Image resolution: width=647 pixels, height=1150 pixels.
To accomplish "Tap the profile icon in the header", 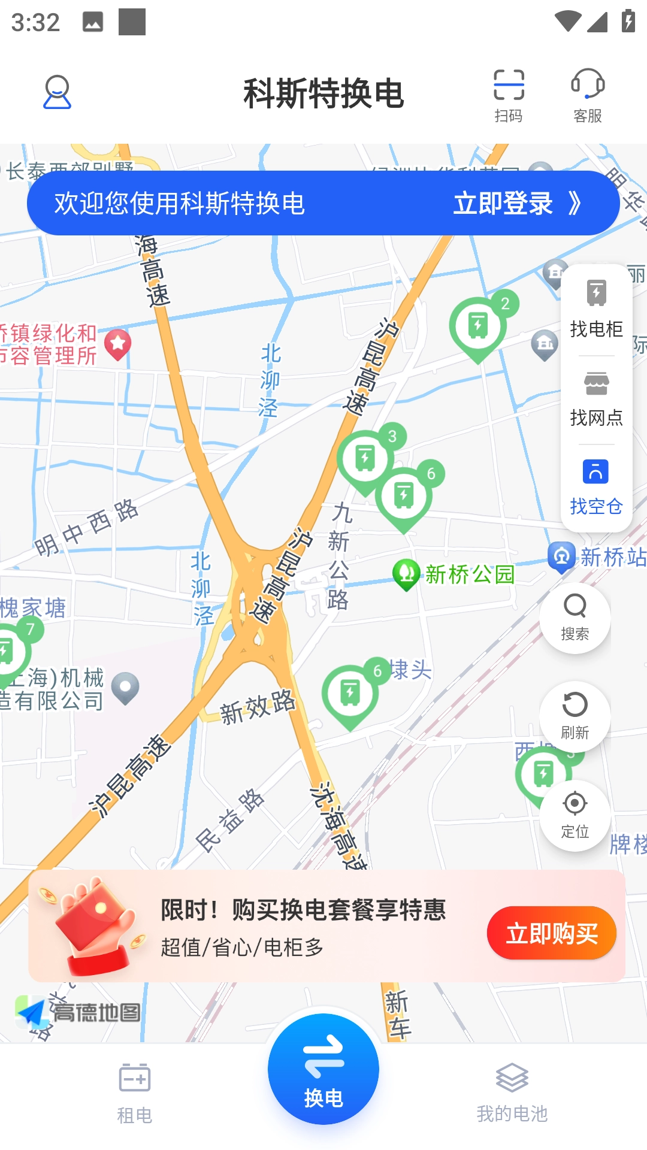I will (57, 92).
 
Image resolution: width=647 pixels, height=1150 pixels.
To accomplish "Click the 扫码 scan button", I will (509, 95).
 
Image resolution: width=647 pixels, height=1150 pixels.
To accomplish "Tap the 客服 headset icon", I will (587, 95).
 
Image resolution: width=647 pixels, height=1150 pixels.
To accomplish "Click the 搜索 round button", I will (575, 617).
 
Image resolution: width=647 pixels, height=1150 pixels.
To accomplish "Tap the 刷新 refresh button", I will (575, 716).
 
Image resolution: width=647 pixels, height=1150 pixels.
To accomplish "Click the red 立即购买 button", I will (551, 933).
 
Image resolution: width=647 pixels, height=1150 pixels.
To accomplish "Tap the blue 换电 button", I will (323, 1069).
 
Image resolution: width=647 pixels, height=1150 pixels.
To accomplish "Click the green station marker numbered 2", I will (479, 326).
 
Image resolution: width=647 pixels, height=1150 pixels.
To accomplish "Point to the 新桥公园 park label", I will (469, 574).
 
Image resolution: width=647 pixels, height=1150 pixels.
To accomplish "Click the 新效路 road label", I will (258, 707).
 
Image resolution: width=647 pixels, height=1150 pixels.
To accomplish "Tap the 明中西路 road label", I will (87, 527).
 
